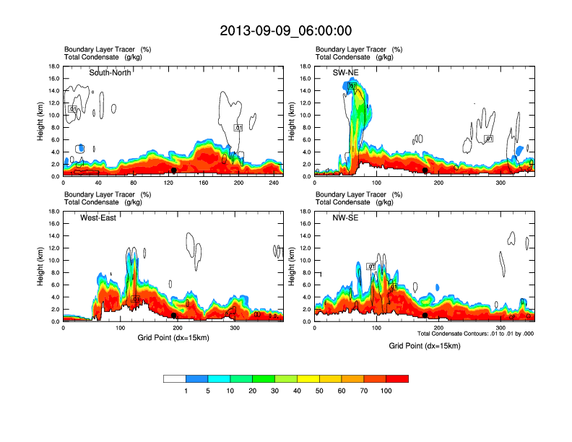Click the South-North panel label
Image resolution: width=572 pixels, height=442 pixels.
point(110,72)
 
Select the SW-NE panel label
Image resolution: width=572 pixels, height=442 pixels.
point(344,72)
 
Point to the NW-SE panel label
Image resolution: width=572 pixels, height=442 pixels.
point(344,217)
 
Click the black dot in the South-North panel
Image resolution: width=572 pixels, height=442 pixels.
point(174,170)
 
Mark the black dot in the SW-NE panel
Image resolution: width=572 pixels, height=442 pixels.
point(425,171)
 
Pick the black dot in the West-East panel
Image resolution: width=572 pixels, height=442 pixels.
point(174,316)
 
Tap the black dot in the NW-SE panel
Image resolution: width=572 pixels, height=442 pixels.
point(425,316)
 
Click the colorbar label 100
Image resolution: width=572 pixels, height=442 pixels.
point(386,391)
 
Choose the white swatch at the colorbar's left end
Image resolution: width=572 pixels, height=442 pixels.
point(175,378)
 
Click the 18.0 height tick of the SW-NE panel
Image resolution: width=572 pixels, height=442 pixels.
point(306,66)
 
